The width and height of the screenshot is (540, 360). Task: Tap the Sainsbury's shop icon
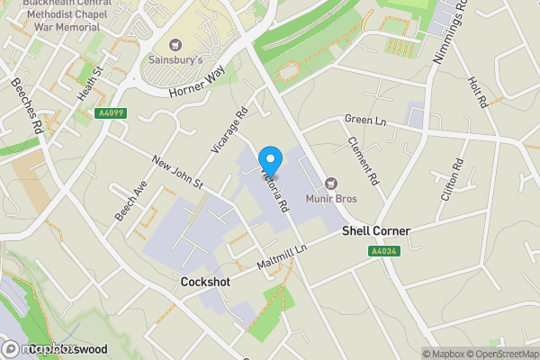point(175,44)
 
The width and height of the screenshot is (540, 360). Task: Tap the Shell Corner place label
point(376,231)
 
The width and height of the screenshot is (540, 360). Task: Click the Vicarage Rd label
point(230,131)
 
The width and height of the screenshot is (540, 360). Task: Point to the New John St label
point(178,172)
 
